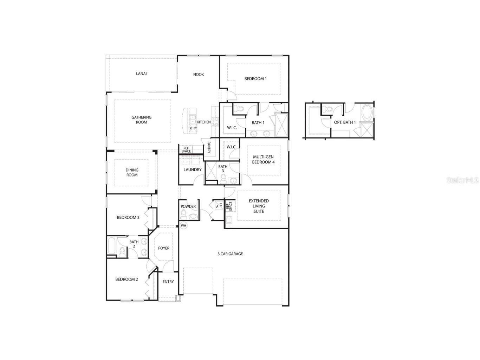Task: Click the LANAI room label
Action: (141, 74)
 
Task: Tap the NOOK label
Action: (199, 75)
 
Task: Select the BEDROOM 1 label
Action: (255, 79)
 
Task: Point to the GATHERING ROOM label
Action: (142, 120)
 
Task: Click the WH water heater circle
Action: (183, 225)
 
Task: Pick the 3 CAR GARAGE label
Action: (230, 254)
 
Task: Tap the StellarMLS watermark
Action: (462, 180)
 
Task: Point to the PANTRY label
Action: (209, 147)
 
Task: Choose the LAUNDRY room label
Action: (193, 170)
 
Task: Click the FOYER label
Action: (164, 248)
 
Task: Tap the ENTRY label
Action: (168, 282)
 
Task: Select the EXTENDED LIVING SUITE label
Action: (259, 206)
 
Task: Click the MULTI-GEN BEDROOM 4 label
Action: (263, 160)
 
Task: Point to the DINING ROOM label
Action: (132, 172)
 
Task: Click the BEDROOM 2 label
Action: (127, 279)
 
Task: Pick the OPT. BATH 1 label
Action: (345, 122)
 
